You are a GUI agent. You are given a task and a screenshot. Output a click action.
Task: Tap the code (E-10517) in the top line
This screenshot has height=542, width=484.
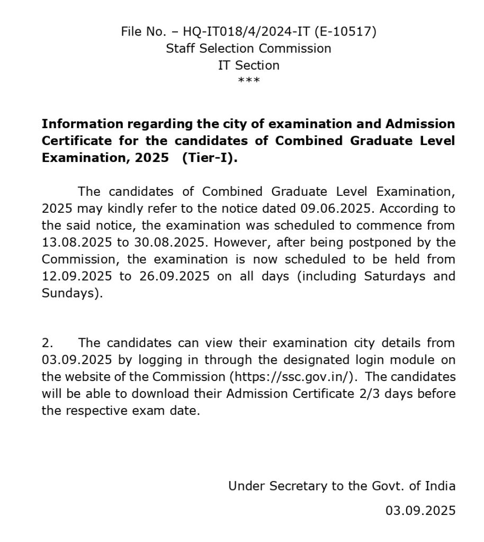345,32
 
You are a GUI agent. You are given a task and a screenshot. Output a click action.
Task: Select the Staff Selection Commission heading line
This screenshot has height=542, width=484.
248,49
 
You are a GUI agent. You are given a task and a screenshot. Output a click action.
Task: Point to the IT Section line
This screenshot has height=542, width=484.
248,66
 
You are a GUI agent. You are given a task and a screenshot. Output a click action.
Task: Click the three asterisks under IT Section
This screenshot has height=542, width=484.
248,80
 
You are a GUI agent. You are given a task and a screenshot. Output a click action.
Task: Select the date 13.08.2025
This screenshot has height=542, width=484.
75,242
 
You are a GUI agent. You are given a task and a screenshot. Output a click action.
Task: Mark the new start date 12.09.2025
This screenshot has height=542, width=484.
75,277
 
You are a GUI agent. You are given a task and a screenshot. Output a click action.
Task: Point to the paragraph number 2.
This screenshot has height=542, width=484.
46,342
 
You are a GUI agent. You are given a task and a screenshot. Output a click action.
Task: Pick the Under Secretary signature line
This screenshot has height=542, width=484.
342,485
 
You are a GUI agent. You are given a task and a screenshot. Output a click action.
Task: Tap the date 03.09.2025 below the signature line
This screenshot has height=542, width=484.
420,510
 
